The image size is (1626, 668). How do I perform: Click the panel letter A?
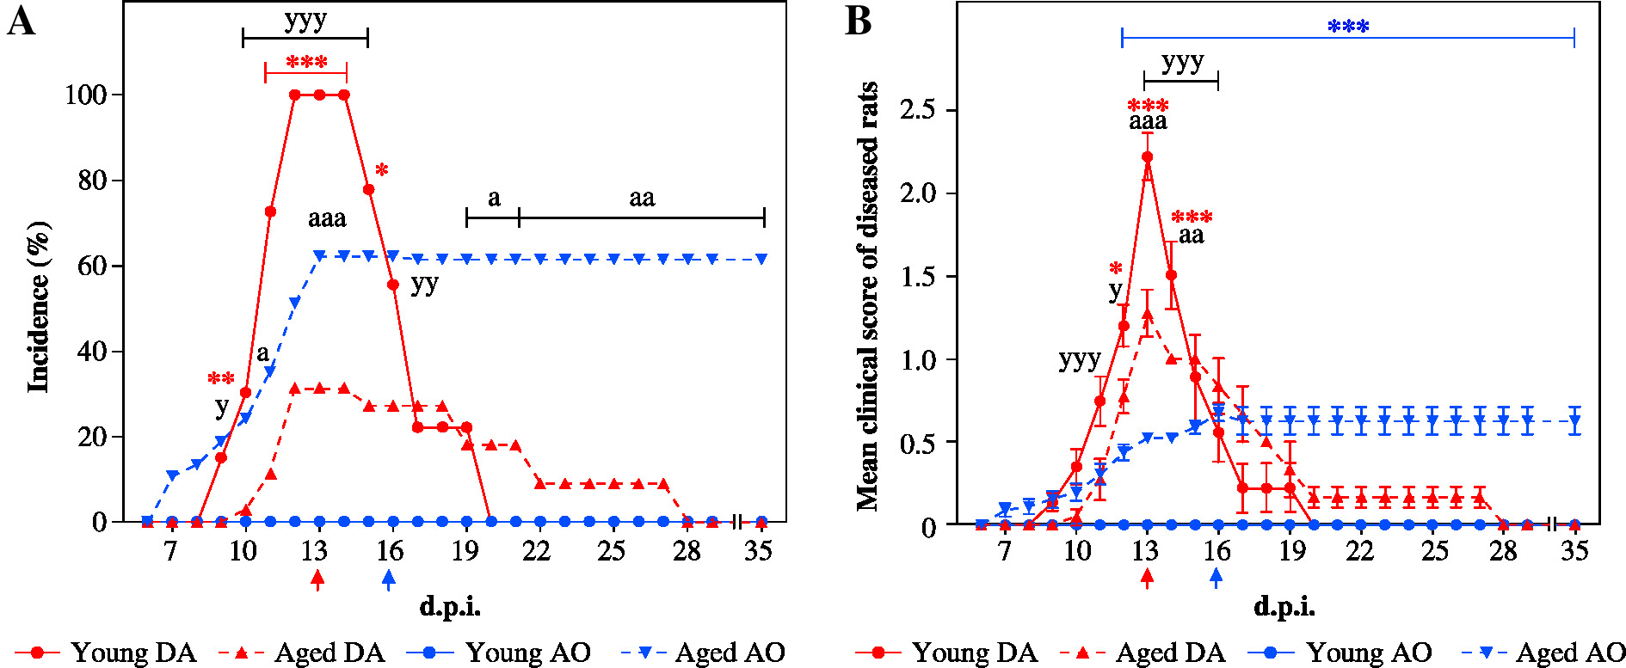pos(22,21)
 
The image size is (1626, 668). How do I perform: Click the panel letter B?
pos(859,21)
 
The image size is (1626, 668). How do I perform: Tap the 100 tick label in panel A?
pos(86,95)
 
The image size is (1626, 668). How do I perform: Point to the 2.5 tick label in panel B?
pos(917,110)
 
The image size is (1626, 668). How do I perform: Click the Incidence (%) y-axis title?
pos(39,307)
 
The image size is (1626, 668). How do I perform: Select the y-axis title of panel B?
pos(867,297)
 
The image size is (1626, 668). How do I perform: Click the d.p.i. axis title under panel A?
pos(450,607)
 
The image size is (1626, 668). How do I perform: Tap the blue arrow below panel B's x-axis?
pos(1216,578)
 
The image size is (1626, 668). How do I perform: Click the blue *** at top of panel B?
pos(1348,27)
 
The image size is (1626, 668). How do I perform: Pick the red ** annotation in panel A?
pos(221,378)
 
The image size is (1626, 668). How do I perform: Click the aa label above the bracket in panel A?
pos(642,199)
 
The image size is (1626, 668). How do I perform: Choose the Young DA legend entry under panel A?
pos(107,653)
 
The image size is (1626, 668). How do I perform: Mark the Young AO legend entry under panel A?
pos(499,653)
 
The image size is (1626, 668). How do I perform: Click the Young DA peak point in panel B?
pos(1147,157)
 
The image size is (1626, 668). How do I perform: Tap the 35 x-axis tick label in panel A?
pos(758,550)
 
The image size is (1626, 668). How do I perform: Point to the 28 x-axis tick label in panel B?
pos(1503,550)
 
